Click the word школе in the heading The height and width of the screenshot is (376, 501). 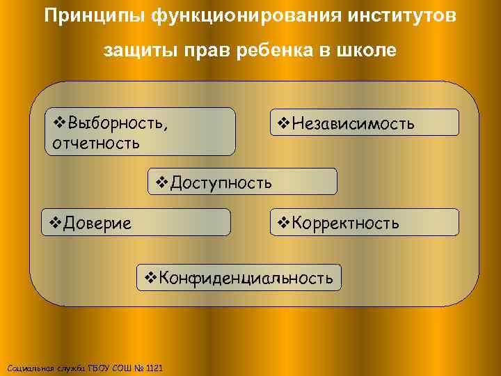(367, 51)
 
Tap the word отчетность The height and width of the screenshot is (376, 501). (95, 143)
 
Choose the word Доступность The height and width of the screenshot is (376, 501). (221, 182)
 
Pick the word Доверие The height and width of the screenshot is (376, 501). (97, 223)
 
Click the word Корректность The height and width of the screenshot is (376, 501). (346, 223)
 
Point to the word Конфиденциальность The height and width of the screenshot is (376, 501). (246, 279)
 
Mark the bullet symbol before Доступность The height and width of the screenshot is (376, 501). (161, 182)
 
